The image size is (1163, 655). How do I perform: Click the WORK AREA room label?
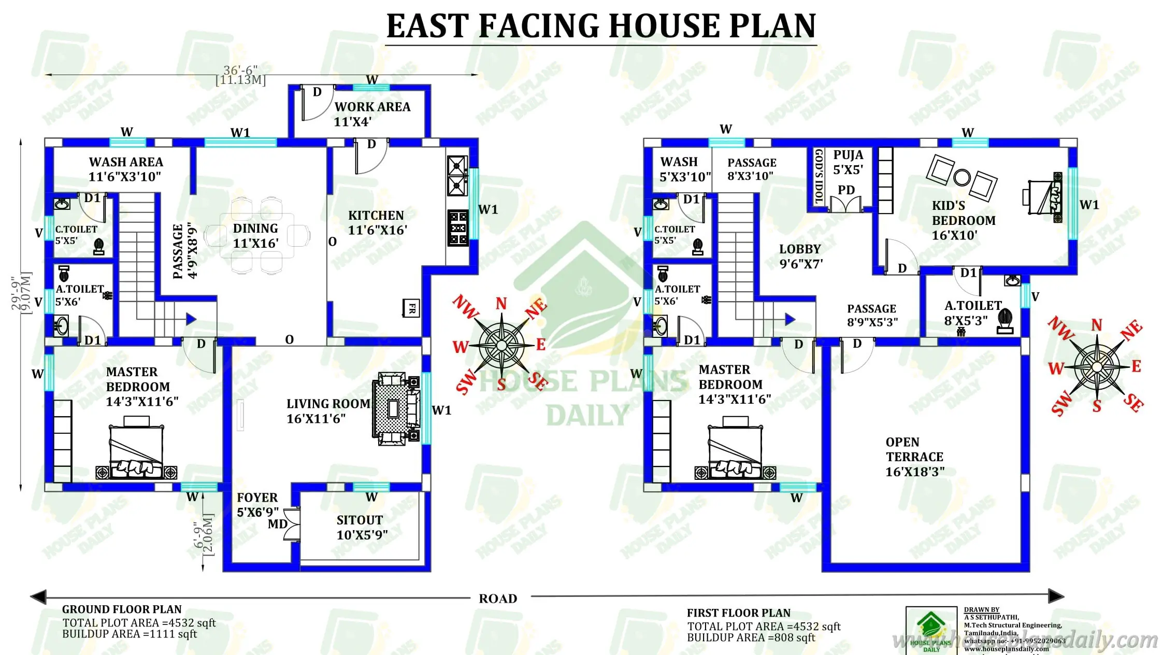pyautogui.click(x=372, y=107)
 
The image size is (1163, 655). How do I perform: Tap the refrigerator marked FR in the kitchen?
pyautogui.click(x=411, y=308)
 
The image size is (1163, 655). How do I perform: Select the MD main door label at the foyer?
pyautogui.click(x=278, y=524)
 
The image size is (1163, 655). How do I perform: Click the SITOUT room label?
pyautogui.click(x=360, y=520)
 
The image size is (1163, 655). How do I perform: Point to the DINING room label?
pyautogui.click(x=255, y=229)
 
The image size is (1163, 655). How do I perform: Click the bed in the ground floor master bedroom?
pyautogui.click(x=136, y=449)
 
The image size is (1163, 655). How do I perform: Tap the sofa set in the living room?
pyautogui.click(x=396, y=408)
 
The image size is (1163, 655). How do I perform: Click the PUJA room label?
pyautogui.click(x=848, y=155)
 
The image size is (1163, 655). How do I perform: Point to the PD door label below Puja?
pyautogui.click(x=846, y=190)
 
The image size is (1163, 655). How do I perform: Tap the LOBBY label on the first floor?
pyautogui.click(x=800, y=249)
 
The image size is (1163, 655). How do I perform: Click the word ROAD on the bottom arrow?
pyautogui.click(x=498, y=599)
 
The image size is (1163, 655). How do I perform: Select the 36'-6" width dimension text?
pyautogui.click(x=240, y=70)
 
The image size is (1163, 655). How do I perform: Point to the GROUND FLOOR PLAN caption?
pyautogui.click(x=122, y=609)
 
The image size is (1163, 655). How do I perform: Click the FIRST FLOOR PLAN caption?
pyautogui.click(x=738, y=613)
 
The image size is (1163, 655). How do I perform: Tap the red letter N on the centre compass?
pyautogui.click(x=501, y=303)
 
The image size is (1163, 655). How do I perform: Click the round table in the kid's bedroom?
pyautogui.click(x=961, y=178)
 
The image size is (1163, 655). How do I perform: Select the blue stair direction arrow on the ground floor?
pyautogui.click(x=191, y=319)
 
